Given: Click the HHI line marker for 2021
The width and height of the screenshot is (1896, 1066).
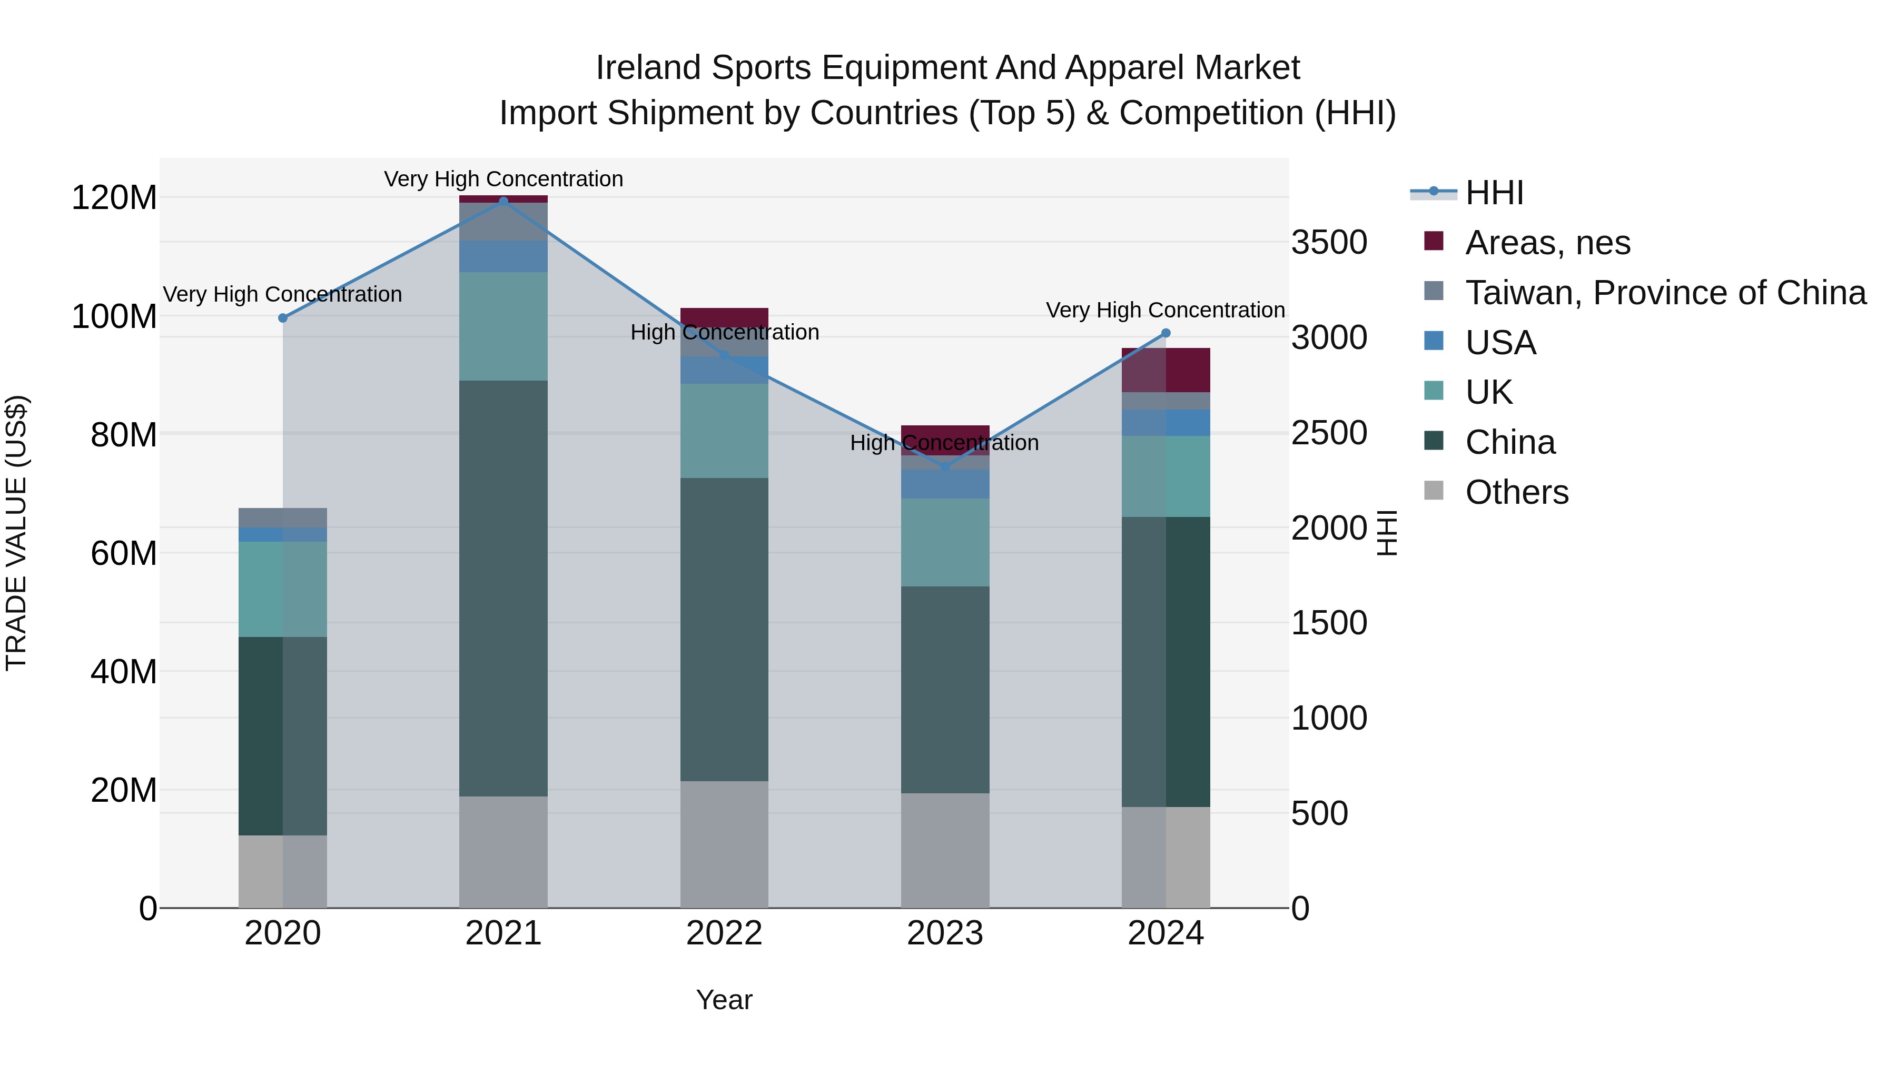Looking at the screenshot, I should click(503, 201).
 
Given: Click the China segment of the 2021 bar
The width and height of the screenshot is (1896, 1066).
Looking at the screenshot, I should click(503, 589).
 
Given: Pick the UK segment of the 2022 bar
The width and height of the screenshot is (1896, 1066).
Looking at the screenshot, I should click(724, 431).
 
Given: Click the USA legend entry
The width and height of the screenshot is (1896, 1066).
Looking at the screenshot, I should click(1500, 343).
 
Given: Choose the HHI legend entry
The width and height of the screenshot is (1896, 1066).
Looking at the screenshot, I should click(1494, 193).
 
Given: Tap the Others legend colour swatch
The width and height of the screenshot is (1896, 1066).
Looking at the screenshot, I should click(1434, 490).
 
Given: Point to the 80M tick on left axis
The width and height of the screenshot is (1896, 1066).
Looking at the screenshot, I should click(124, 435).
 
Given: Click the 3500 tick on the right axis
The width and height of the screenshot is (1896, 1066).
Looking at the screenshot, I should click(1329, 243).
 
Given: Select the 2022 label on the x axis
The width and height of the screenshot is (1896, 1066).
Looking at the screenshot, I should click(724, 933).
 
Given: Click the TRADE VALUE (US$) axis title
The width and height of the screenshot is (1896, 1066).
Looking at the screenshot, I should click(16, 533).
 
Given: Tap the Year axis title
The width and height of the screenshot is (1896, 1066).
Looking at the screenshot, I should click(724, 1000).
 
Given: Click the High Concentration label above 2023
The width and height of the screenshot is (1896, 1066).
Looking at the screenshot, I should click(944, 443).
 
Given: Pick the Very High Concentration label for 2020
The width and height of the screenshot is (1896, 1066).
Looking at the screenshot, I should click(283, 294).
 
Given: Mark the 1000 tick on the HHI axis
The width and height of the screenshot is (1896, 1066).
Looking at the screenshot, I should click(1329, 718).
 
